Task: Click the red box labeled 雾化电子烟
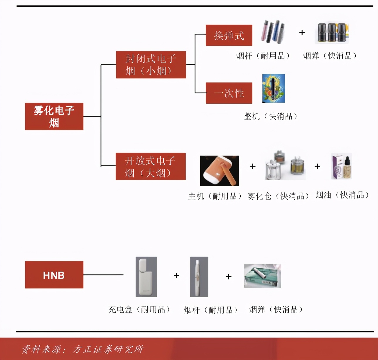pyautogui.click(x=54, y=116)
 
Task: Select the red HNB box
pyautogui.click(x=54, y=275)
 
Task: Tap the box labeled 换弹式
pyautogui.click(x=229, y=35)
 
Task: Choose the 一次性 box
pyautogui.click(x=229, y=93)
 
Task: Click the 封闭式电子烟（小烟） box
pyautogui.click(x=151, y=65)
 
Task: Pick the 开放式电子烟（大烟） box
pyautogui.click(x=151, y=166)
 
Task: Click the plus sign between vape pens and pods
pyautogui.click(x=302, y=32)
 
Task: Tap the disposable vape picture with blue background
pyautogui.click(x=274, y=88)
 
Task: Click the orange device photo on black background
pyautogui.click(x=220, y=171)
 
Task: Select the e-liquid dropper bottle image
pyautogui.click(x=342, y=166)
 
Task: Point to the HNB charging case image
pyautogui.click(x=146, y=277)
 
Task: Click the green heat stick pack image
pyautogui.click(x=263, y=276)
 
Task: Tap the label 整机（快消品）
pyautogui.click(x=271, y=116)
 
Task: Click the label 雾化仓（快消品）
pyautogui.click(x=278, y=196)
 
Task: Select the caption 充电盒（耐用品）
pyautogui.click(x=139, y=309)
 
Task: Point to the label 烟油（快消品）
pyautogui.click(x=342, y=195)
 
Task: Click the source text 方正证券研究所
pyautogui.click(x=108, y=349)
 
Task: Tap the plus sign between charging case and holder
pyautogui.click(x=176, y=275)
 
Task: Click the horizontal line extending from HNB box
pyautogui.click(x=103, y=275)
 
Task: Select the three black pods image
pyautogui.click(x=331, y=32)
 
